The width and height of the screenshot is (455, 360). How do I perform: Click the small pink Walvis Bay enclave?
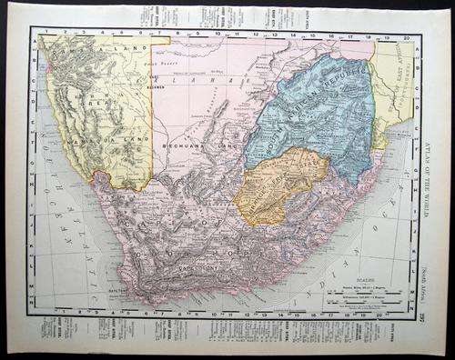pos(46,82)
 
